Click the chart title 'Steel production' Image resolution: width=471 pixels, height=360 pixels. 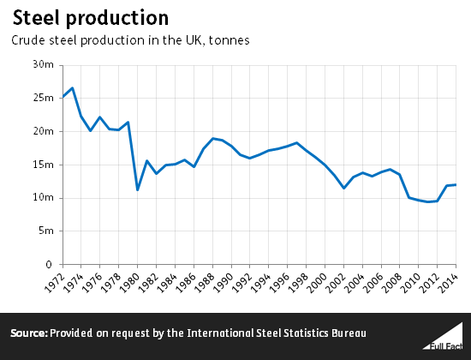(91, 18)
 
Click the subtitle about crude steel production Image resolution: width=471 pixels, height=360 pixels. (130, 40)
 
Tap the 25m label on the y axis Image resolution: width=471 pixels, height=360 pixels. (44, 98)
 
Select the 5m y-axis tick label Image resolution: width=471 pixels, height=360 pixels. (46, 231)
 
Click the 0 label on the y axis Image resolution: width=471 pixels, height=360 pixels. (49, 265)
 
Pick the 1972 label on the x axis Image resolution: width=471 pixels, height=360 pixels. (55, 283)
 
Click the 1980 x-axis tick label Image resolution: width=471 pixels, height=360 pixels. (130, 283)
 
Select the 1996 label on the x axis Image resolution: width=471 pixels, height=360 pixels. (280, 283)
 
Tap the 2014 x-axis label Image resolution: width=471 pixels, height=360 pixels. (448, 283)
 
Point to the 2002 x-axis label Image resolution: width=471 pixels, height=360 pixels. (336, 283)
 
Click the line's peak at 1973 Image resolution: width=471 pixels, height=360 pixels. (73, 87)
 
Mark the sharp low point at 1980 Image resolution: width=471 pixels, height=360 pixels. (138, 190)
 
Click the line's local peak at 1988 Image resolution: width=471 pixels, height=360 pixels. (212, 139)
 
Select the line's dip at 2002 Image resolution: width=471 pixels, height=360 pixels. (343, 189)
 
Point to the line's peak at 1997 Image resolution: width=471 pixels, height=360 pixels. (297, 143)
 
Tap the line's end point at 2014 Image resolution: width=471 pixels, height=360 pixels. (456, 184)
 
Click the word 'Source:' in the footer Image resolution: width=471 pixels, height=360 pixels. (29, 333)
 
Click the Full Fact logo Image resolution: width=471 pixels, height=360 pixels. (443, 336)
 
